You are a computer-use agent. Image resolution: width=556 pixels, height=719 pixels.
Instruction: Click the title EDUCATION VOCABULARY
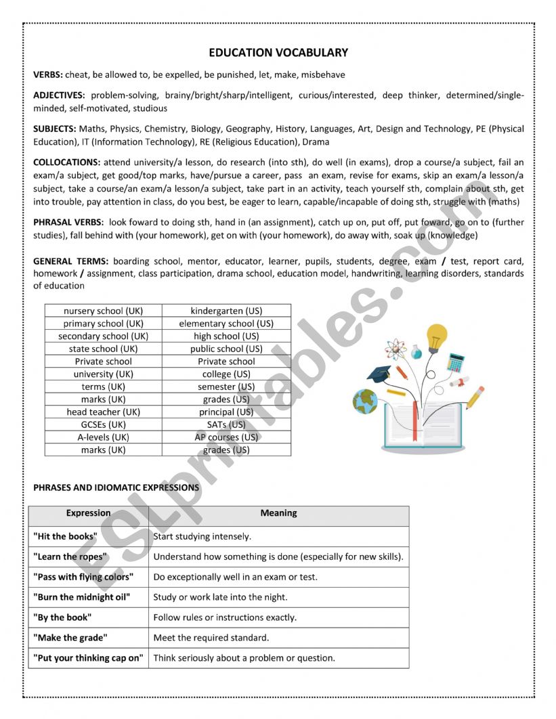pos(278,52)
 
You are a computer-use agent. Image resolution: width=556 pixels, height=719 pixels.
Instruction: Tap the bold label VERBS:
pos(48,74)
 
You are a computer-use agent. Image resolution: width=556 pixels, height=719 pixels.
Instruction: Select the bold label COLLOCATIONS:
pos(66,162)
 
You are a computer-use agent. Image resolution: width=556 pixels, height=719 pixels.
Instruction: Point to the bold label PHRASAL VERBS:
pos(68,222)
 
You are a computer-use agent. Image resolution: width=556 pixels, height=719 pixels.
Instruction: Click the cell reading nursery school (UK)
pos(103,311)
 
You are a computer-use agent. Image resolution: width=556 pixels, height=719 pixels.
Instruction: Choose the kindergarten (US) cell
pos(226,311)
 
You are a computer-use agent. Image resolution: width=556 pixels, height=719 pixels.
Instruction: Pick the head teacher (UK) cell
pos(103,412)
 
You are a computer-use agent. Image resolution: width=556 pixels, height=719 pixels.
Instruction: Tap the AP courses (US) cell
pos(226,437)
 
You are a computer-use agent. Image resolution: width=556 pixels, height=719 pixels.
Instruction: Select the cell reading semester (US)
pos(226,387)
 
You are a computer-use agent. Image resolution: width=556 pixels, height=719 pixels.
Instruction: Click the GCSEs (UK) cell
pos(103,424)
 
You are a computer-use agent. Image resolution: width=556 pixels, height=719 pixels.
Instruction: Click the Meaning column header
pos(278,513)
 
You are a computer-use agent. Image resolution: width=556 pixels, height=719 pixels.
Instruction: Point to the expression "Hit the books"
pos(65,536)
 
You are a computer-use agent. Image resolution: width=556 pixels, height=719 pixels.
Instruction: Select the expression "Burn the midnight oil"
pos(81,597)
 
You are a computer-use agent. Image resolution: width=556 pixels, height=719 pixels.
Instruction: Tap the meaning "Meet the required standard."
pos(211,637)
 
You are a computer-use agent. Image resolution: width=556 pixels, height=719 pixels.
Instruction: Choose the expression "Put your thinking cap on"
pos(88,657)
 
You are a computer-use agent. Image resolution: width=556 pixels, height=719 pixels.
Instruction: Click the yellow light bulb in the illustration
pos(436,336)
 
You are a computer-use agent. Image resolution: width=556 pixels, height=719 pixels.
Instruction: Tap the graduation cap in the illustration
pos(379,373)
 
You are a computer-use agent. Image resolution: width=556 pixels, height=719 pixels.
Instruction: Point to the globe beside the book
pos(365,401)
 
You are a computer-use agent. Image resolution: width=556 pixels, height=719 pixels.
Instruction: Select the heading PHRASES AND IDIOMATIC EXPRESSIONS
pos(116,487)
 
